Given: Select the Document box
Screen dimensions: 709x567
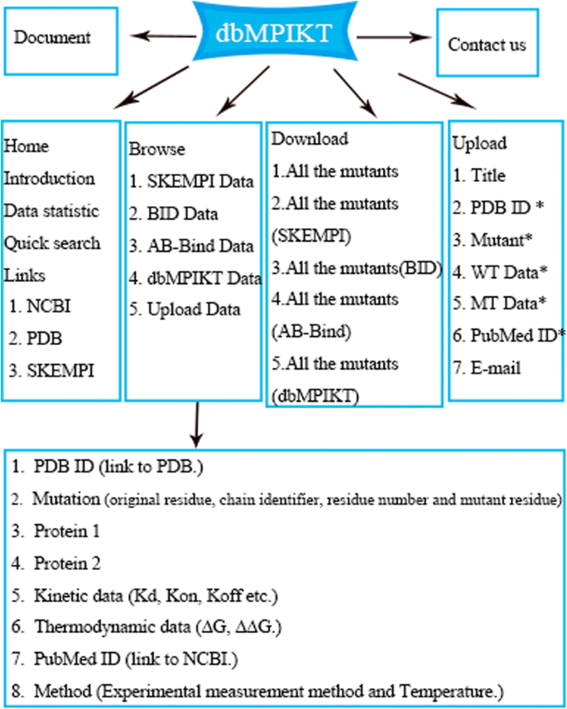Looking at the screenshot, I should [53, 38].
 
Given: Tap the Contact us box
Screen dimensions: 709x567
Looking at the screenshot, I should [487, 45].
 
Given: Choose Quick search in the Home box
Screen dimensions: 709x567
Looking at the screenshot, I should [52, 243].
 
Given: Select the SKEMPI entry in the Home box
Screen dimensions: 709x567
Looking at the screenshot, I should [51, 370].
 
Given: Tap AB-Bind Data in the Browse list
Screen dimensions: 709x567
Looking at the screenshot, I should [190, 247].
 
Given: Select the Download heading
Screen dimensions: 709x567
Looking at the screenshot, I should [310, 139].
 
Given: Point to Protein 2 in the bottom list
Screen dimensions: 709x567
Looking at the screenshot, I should [67, 564].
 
